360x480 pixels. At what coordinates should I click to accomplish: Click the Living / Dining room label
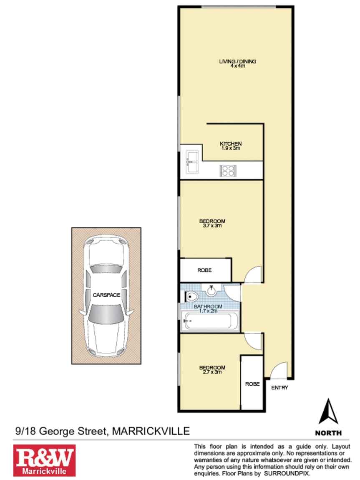(x=237, y=63)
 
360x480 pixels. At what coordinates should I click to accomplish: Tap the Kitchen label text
(x=231, y=144)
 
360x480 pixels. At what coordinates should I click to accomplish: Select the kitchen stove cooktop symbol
(x=228, y=171)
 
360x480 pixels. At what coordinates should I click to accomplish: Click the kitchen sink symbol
(x=192, y=162)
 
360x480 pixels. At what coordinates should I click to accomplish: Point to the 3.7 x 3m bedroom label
(x=212, y=223)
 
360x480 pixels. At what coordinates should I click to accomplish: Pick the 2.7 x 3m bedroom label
(x=212, y=370)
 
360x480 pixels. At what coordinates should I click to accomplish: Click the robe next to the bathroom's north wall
(x=205, y=270)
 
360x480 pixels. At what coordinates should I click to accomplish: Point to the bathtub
(x=210, y=321)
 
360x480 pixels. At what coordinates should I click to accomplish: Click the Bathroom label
(x=208, y=306)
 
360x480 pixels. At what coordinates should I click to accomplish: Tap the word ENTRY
(x=279, y=388)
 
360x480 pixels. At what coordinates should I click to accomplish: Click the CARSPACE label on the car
(x=106, y=295)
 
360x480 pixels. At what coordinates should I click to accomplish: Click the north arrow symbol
(x=328, y=411)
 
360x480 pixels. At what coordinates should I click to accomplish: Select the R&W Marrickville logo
(x=44, y=460)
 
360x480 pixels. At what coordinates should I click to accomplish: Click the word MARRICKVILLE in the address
(x=151, y=431)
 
